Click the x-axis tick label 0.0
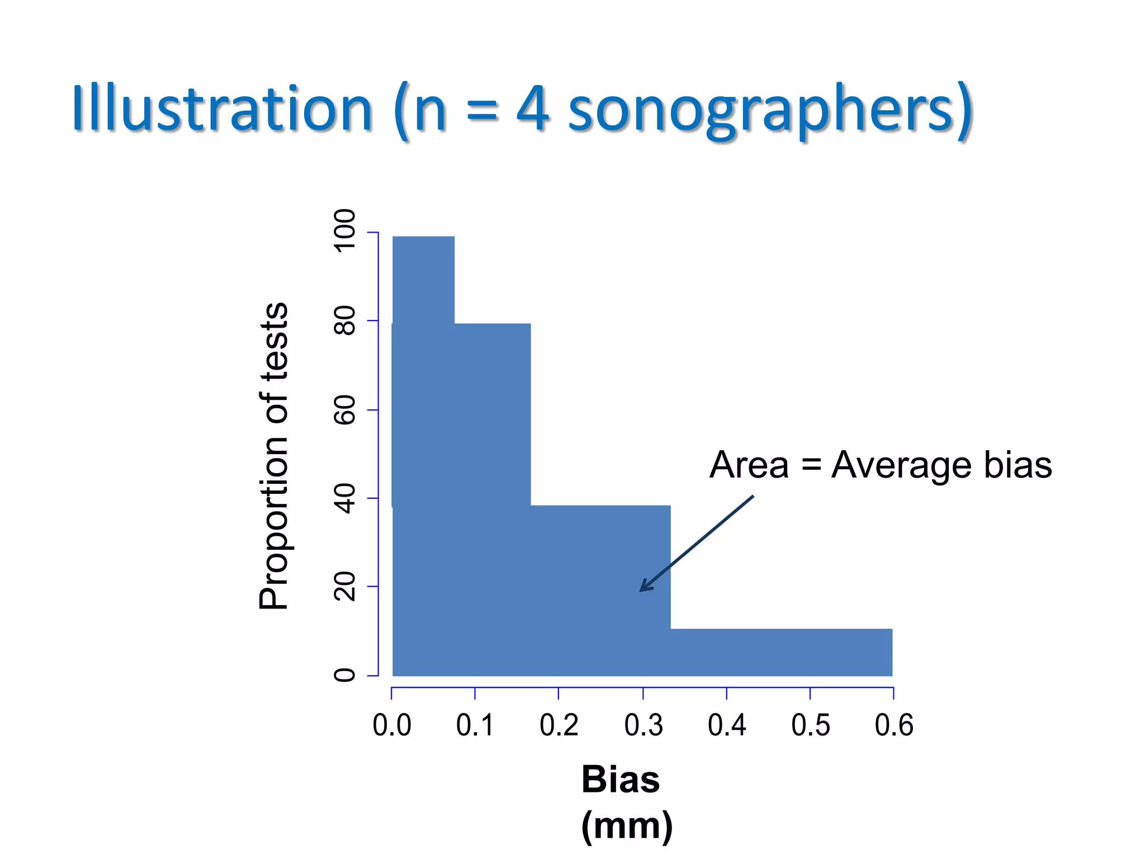pos(392,725)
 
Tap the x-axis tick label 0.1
pos(475,725)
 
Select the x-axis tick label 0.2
pos(559,725)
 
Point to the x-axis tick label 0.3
pos(644,725)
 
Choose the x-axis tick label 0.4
pos(727,725)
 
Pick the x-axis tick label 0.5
pos(811,725)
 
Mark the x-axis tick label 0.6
pos(894,725)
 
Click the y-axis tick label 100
pos(344,231)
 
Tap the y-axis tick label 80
pos(344,320)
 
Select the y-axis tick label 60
pos(344,409)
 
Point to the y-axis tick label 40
pos(344,498)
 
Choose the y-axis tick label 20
pos(344,586)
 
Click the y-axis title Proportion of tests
pos(274,456)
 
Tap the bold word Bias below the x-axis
pos(621,779)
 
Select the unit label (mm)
pos(627,825)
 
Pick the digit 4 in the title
pos(532,108)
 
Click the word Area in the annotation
pos(749,465)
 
